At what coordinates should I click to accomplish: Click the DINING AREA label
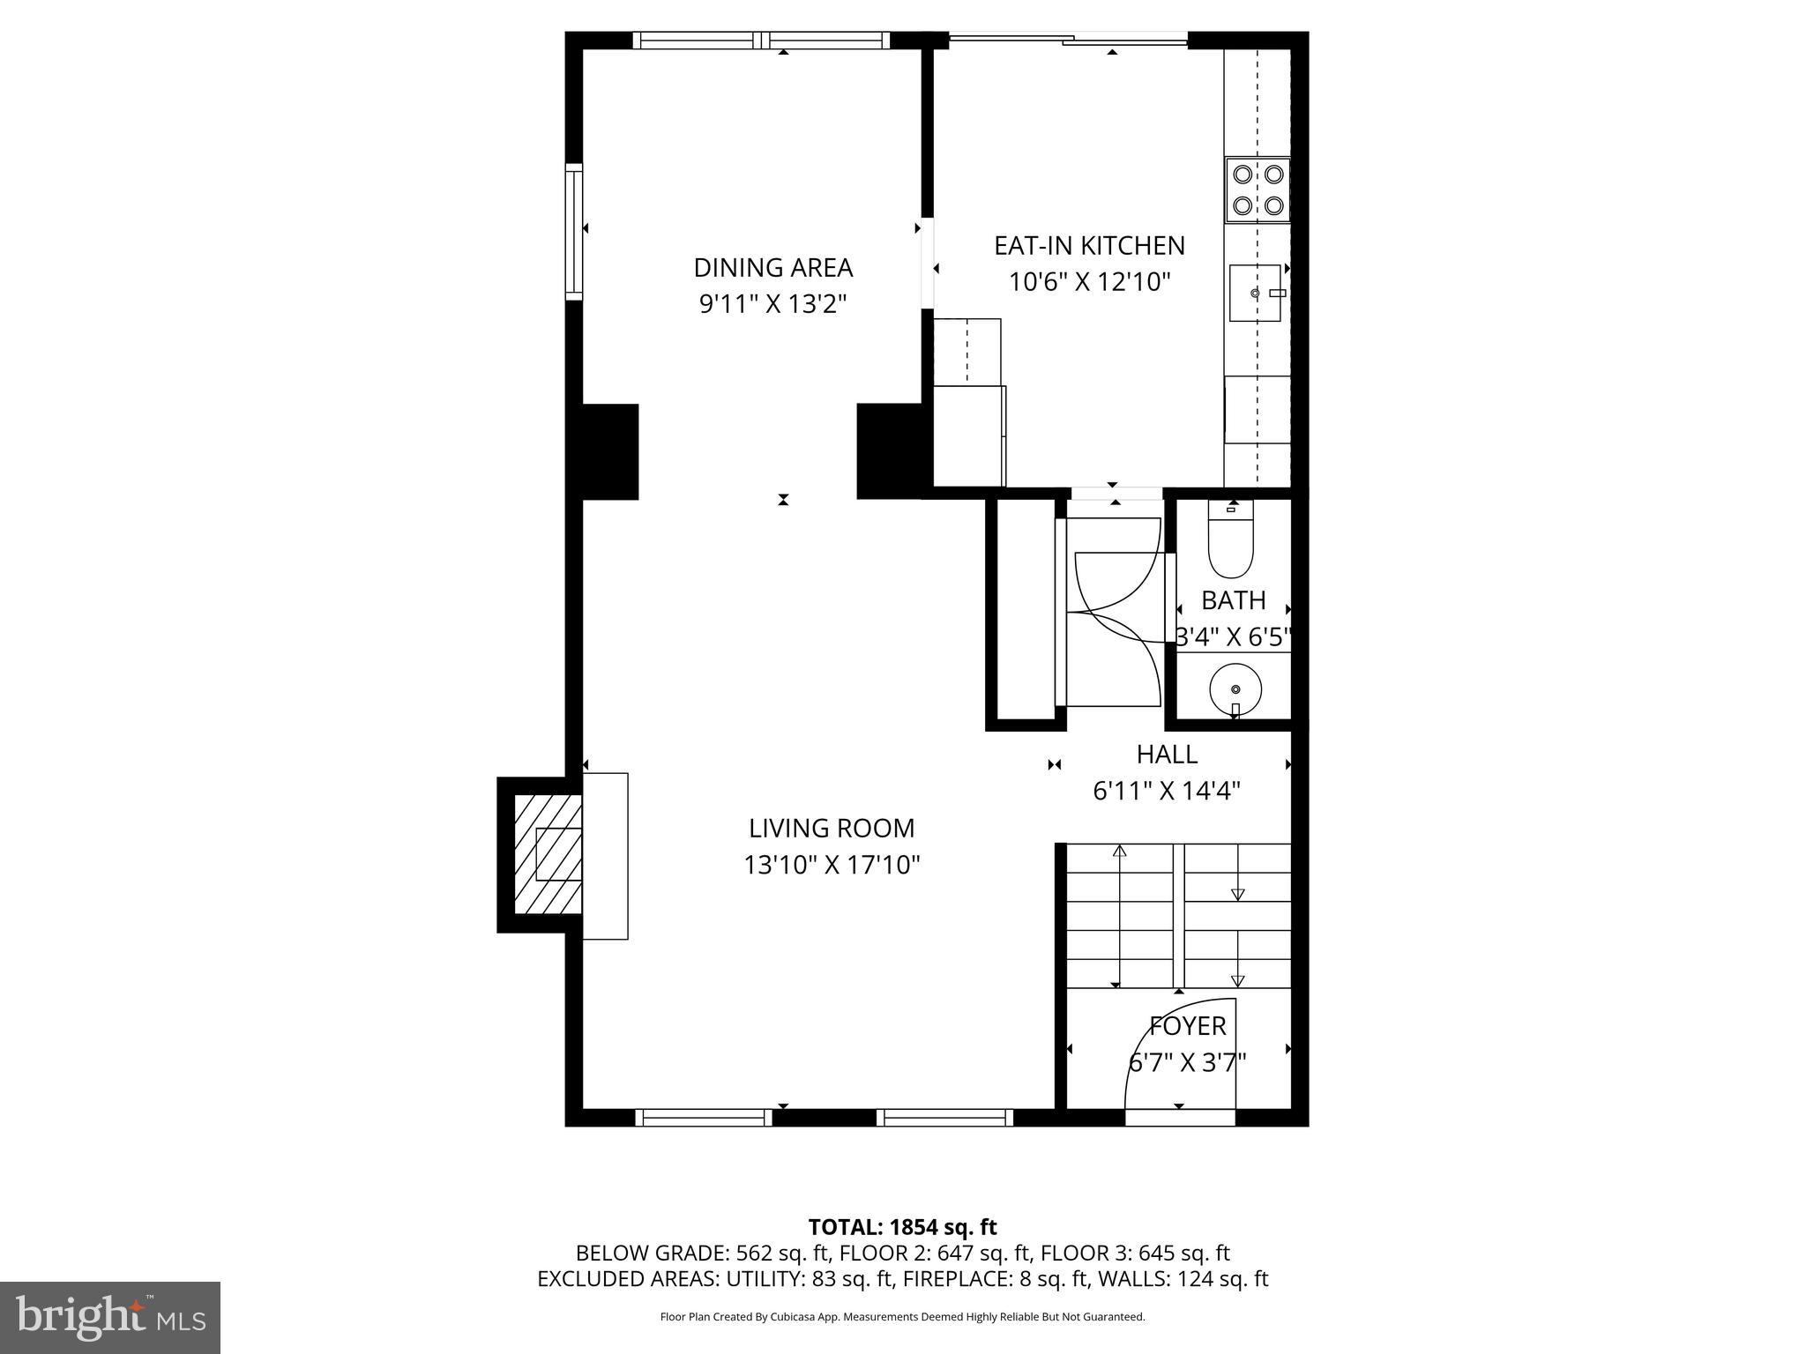pyautogui.click(x=772, y=267)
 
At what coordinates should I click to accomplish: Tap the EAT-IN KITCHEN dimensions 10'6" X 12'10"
pyautogui.click(x=1089, y=282)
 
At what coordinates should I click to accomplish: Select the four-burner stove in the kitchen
pyautogui.click(x=1257, y=190)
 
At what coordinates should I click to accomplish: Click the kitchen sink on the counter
pyautogui.click(x=1255, y=293)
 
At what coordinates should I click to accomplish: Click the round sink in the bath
pyautogui.click(x=1235, y=688)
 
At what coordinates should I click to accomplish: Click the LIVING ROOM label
pyautogui.click(x=832, y=829)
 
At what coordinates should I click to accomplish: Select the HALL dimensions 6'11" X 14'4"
pyautogui.click(x=1166, y=792)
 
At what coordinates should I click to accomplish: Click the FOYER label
pyautogui.click(x=1187, y=1026)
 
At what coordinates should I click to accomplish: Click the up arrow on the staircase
pyautogui.click(x=1120, y=852)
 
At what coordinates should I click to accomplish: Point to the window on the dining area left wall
pyautogui.click(x=574, y=231)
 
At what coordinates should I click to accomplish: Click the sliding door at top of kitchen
pyautogui.click(x=1067, y=39)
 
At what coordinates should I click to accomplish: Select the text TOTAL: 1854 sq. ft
pyautogui.click(x=902, y=1227)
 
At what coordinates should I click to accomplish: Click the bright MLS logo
pyautogui.click(x=110, y=1317)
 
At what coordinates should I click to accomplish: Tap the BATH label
pyautogui.click(x=1233, y=600)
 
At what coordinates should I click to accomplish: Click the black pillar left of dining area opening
pyautogui.click(x=610, y=451)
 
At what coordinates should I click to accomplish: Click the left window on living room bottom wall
pyautogui.click(x=703, y=1117)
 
